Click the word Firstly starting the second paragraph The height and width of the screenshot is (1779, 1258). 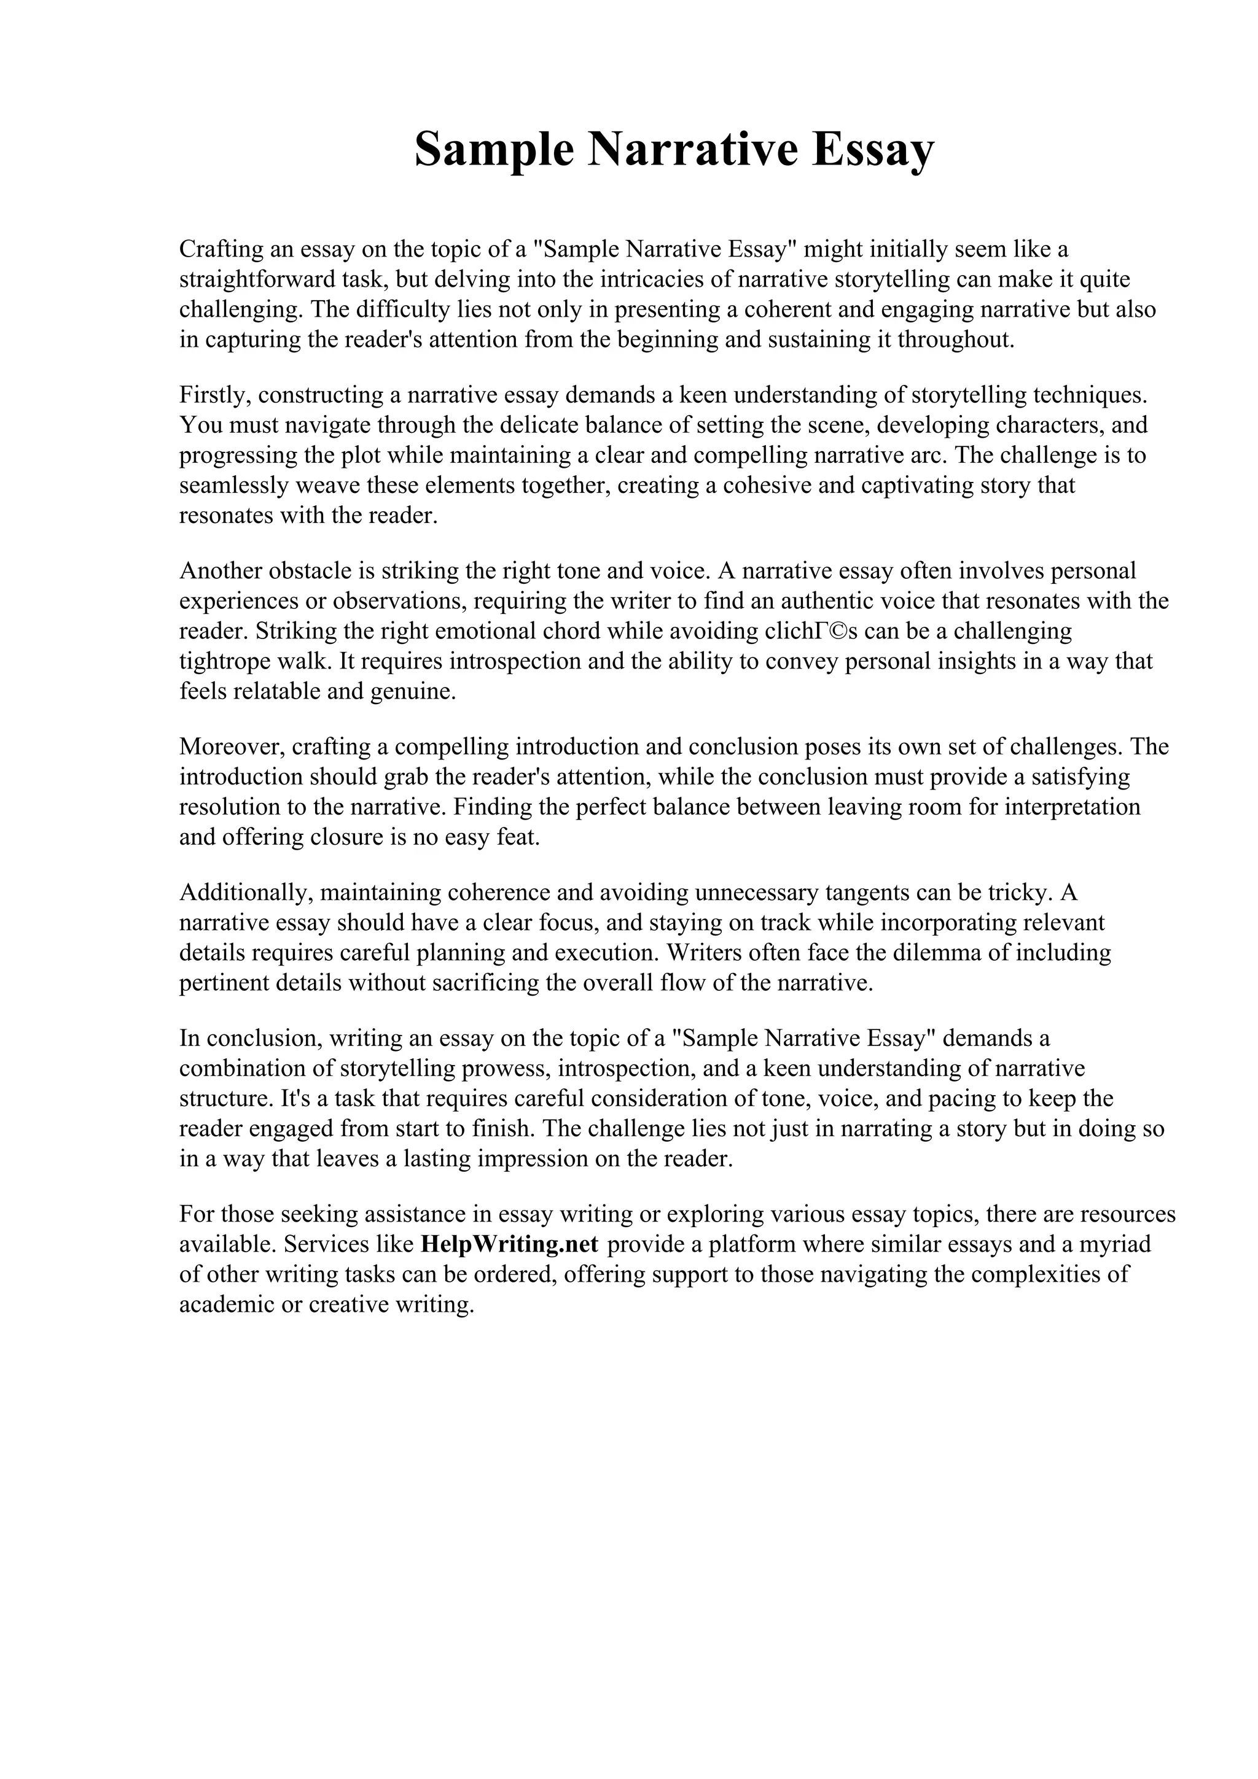coord(215,395)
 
